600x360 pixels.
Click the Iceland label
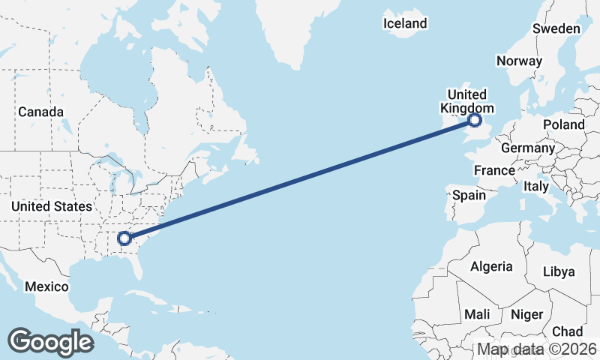(405, 23)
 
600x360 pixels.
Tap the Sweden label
(556, 29)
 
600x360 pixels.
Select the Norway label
(519, 61)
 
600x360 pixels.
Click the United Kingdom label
(466, 101)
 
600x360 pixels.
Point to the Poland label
(564, 124)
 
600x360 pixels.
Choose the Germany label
(527, 148)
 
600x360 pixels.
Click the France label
(494, 171)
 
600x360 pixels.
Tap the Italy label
(536, 186)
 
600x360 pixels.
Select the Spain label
(469, 196)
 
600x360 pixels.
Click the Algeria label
(491, 266)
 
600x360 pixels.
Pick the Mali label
(478, 314)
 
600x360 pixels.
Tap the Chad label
(567, 331)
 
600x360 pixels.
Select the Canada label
(40, 112)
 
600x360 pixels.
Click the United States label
(52, 206)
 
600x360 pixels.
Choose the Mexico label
(46, 286)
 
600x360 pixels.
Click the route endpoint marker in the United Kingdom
(475, 120)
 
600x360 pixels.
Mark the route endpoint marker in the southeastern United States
(124, 239)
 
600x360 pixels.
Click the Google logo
(51, 342)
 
